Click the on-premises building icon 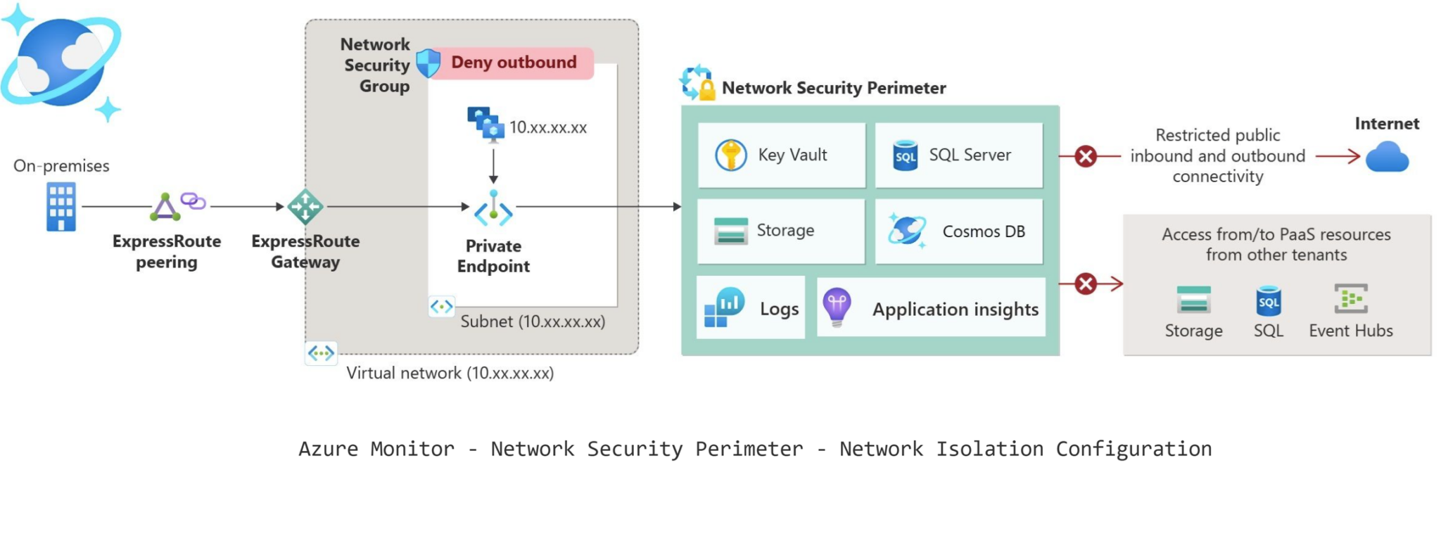61,206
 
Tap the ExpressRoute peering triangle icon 165,207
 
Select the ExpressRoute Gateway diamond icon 305,207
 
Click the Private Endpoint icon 493,209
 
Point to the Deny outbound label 513,63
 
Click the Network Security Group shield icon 428,63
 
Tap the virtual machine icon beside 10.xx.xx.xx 485,125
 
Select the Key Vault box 781,155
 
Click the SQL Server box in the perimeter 958,155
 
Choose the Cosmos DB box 958,231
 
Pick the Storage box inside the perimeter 781,231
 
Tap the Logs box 751,308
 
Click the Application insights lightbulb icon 837,307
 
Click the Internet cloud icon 1387,157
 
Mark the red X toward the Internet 1086,156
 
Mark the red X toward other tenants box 1086,284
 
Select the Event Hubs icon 1351,299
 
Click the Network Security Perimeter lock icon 697,83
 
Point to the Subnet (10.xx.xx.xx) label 533,322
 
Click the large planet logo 61,62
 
